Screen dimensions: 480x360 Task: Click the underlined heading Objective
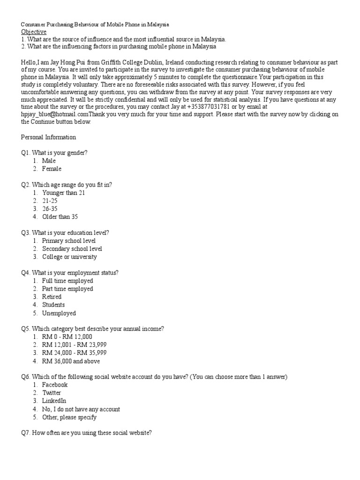[34, 31]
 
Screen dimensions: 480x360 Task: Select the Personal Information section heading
[48, 137]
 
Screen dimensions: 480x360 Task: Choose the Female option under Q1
[52, 169]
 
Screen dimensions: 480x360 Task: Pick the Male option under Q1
[49, 161]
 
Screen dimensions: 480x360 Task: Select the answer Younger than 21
[63, 193]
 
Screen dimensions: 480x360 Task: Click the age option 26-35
[50, 209]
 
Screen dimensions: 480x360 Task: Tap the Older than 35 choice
[60, 217]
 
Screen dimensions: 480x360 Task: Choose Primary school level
[68, 241]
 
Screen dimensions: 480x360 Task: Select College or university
[69, 257]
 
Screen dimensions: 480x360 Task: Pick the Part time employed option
[67, 289]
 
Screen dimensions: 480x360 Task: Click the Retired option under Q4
[52, 297]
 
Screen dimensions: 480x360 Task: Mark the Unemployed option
[59, 313]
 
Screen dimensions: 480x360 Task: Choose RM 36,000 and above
[71, 361]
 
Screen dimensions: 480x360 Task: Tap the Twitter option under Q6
[52, 393]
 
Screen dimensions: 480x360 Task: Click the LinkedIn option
[54, 401]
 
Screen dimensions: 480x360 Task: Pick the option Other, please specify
[69, 417]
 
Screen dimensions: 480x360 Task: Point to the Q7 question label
[26, 434]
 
